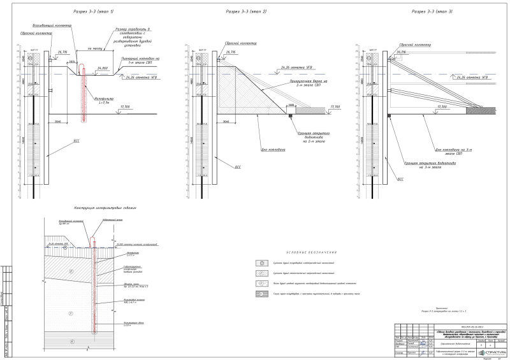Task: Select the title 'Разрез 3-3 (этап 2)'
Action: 247,12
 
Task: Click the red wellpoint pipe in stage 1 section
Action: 82,96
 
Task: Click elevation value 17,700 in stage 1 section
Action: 125,106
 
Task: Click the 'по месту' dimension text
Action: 81,48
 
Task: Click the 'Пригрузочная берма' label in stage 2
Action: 307,83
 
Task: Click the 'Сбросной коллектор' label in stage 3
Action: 415,45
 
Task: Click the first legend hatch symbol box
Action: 261,263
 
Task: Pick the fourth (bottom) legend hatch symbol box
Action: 261,294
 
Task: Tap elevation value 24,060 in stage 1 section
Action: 103,68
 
